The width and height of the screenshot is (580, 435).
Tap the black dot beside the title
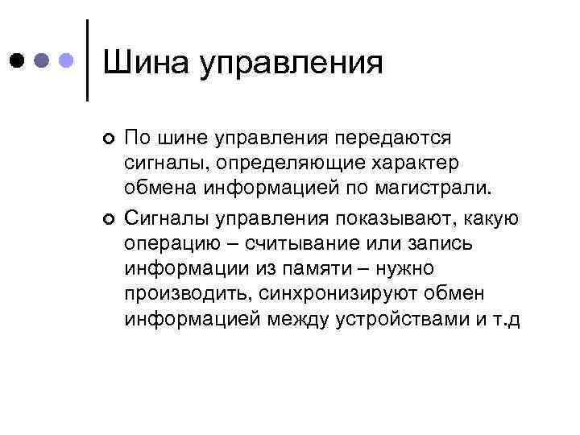coord(17,60)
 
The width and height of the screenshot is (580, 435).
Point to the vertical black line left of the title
coord(87,60)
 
